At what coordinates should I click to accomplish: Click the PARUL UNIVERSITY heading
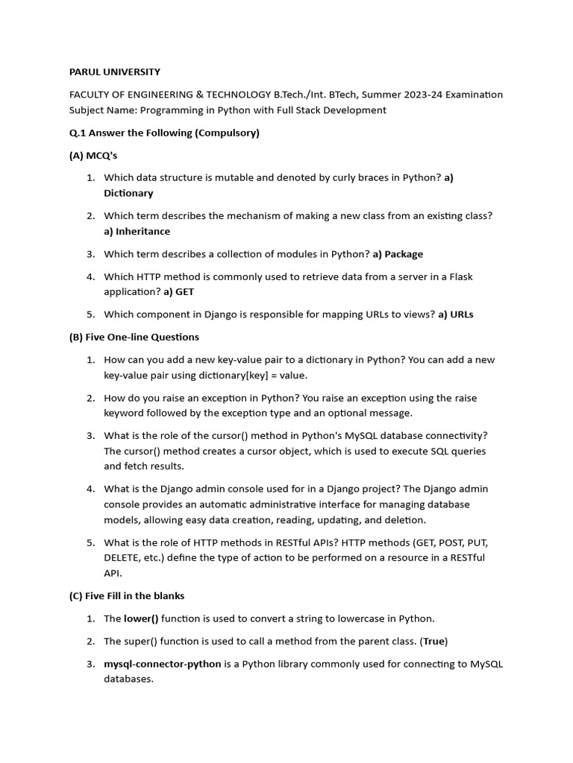114,72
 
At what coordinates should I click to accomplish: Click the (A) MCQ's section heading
93,156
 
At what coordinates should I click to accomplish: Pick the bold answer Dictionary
128,193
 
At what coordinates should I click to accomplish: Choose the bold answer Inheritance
143,231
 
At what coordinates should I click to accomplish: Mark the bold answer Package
404,254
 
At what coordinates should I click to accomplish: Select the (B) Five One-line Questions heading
134,337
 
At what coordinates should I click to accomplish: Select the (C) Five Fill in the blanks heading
127,595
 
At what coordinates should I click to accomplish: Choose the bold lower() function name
141,618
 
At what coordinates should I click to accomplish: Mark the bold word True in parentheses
434,641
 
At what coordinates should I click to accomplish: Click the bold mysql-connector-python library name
162,664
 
